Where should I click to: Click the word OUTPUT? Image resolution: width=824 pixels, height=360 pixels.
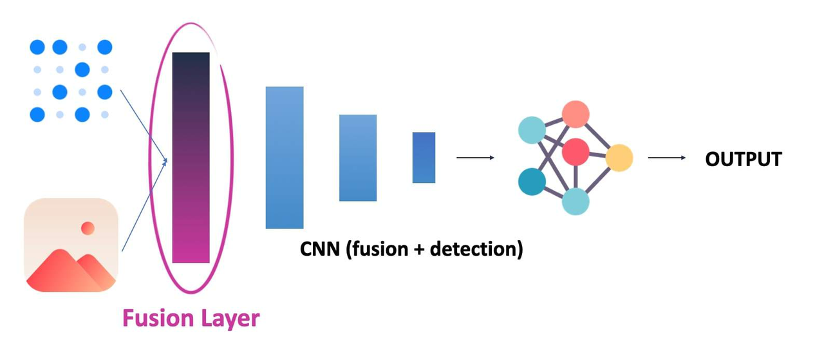click(744, 159)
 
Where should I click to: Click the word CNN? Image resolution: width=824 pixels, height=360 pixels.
click(320, 249)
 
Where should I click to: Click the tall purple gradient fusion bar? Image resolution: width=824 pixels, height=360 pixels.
click(191, 157)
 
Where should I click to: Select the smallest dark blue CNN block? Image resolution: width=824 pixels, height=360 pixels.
click(424, 157)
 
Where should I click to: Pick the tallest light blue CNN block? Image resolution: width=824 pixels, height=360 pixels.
click(285, 157)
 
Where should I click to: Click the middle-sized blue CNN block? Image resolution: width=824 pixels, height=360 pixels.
click(358, 158)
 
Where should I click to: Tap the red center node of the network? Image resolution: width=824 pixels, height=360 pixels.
click(576, 152)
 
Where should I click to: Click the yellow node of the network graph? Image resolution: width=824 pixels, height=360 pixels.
click(619, 158)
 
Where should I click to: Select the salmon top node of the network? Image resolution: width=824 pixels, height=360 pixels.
click(576, 114)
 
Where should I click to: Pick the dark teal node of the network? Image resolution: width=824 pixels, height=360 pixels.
click(532, 181)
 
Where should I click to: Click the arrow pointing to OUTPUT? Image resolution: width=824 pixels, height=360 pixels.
click(667, 158)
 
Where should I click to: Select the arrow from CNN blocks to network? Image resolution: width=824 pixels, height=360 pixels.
click(475, 158)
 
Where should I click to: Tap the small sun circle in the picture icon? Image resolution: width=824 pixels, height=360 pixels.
click(88, 227)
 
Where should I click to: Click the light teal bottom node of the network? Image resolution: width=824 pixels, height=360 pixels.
click(576, 202)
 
